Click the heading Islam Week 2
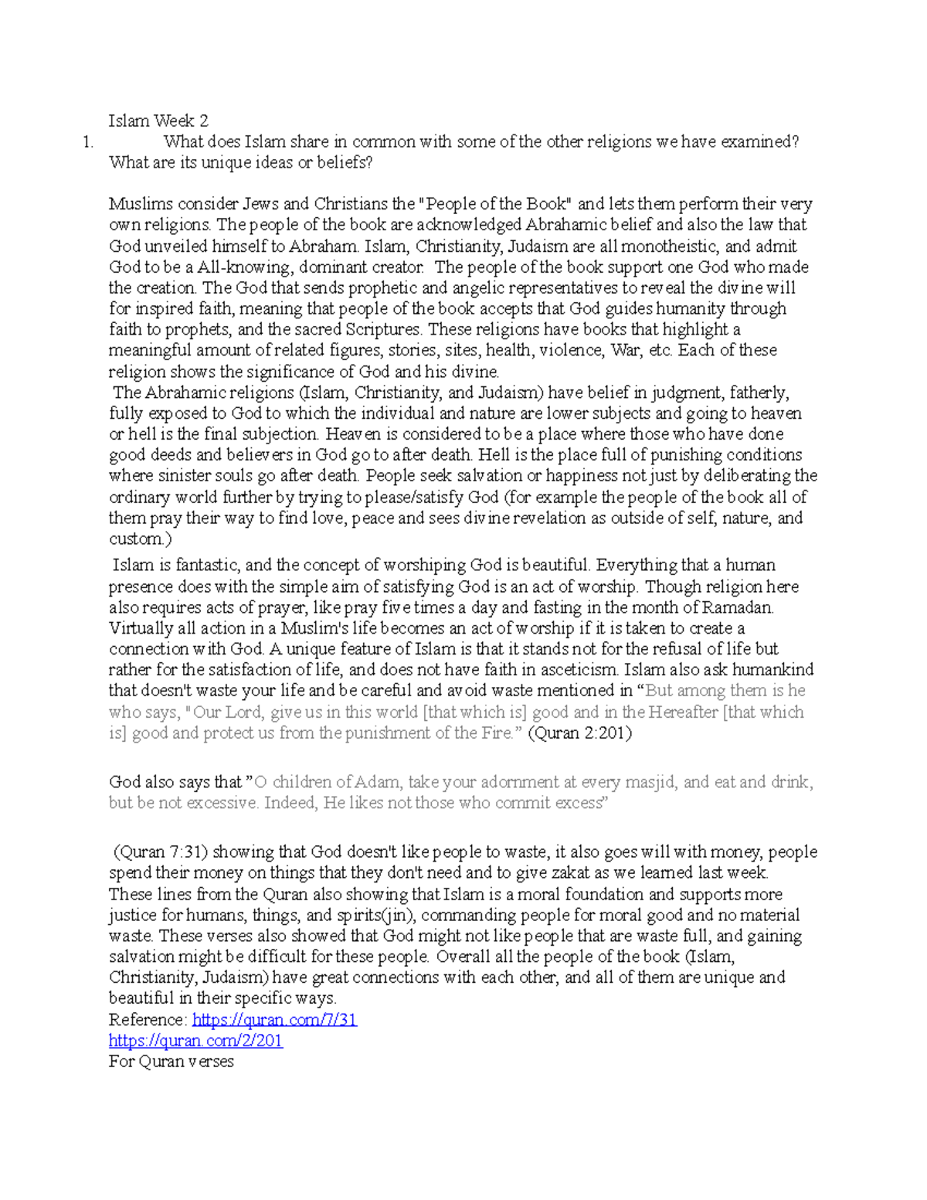pos(158,121)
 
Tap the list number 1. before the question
pos(89,141)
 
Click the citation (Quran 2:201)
pos(579,733)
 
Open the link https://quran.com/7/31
pos(274,1020)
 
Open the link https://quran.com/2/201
pos(196,1041)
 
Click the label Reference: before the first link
pos(148,1020)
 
